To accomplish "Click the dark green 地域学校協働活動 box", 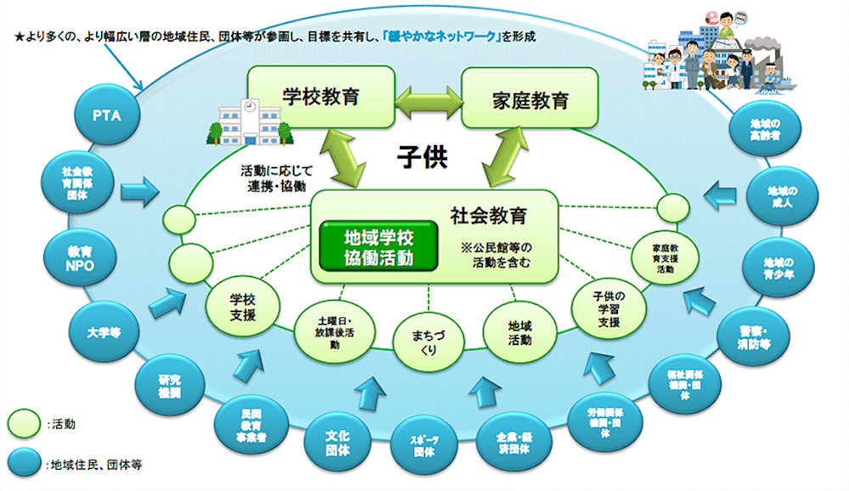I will tap(379, 244).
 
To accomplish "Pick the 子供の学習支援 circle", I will tap(609, 310).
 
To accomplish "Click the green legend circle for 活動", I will tap(25, 421).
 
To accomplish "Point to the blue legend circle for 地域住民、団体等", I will tap(25, 463).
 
